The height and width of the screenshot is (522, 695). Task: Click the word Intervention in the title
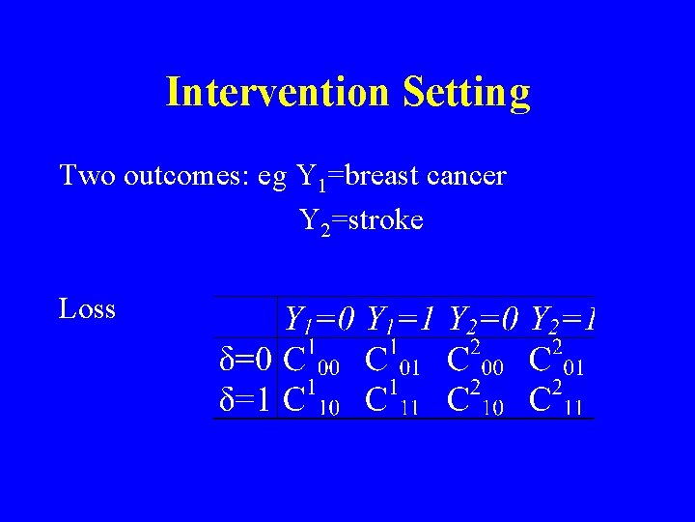point(278,92)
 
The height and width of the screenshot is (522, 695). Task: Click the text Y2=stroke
point(361,221)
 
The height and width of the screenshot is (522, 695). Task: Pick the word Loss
point(87,309)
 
